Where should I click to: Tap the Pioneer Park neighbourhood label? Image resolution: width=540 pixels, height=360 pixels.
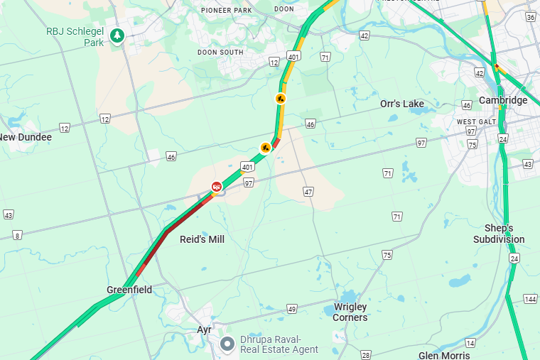click(227, 10)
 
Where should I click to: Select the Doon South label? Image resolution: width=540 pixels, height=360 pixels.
click(220, 52)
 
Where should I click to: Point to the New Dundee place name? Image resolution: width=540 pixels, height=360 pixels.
click(26, 137)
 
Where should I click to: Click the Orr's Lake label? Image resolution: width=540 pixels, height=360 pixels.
click(401, 104)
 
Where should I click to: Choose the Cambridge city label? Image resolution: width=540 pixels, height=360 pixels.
click(503, 100)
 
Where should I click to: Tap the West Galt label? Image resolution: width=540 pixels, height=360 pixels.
click(475, 122)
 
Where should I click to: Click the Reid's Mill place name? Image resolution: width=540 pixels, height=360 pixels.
click(202, 239)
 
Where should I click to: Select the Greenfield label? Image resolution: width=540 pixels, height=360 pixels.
click(129, 290)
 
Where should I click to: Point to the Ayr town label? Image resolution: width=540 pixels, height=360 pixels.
click(205, 330)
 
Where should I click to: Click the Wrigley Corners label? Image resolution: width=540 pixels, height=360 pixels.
click(350, 312)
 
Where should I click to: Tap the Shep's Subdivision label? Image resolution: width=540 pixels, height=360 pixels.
click(499, 234)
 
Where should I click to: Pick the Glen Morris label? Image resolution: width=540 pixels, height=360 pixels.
click(444, 355)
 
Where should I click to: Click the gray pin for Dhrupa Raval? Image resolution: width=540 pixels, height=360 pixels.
click(227, 344)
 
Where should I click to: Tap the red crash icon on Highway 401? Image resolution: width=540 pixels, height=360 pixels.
click(216, 186)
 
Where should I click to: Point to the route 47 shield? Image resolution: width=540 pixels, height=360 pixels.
click(308, 192)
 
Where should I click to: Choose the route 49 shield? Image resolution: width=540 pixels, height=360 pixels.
click(291, 308)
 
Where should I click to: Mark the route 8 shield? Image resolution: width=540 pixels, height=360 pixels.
click(17, 235)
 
